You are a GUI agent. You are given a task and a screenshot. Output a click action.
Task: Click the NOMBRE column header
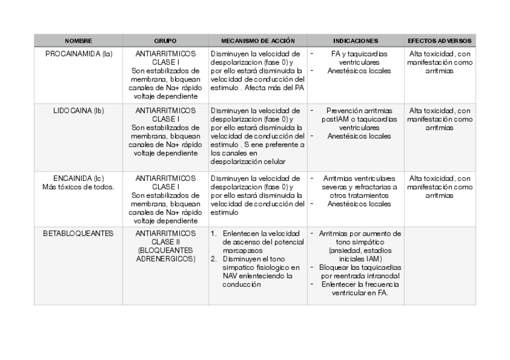pyautogui.click(x=78, y=41)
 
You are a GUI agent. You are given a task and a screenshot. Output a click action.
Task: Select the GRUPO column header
pyautogui.click(x=165, y=41)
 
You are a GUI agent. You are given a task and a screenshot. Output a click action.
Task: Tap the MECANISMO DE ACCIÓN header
pyautogui.click(x=258, y=41)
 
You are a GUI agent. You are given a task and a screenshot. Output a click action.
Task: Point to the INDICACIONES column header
pyautogui.click(x=355, y=41)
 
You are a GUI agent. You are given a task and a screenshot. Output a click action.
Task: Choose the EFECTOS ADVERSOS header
pyautogui.click(x=439, y=41)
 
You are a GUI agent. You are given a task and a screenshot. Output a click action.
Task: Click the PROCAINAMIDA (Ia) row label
pyautogui.click(x=78, y=54)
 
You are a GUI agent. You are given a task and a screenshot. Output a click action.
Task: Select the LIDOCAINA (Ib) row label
pyautogui.click(x=78, y=111)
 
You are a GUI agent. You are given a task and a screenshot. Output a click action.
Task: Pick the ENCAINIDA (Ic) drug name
pyautogui.click(x=78, y=178)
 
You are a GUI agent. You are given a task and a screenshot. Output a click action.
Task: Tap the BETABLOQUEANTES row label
pyautogui.click(x=78, y=233)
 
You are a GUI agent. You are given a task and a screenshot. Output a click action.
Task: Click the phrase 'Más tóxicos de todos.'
pyautogui.click(x=78, y=187)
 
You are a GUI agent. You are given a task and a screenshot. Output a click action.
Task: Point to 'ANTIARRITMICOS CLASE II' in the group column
pyautogui.click(x=165, y=237)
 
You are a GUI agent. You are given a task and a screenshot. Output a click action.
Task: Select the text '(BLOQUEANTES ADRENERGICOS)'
pyautogui.click(x=165, y=254)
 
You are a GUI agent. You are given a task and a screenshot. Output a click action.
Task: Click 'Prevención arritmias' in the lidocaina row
pyautogui.click(x=359, y=111)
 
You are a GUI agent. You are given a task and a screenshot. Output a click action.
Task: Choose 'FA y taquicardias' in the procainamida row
pyautogui.click(x=359, y=54)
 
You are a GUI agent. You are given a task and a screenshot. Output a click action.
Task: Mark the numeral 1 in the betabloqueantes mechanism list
pyautogui.click(x=214, y=233)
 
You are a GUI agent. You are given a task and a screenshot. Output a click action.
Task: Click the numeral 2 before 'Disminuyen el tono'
pyautogui.click(x=214, y=259)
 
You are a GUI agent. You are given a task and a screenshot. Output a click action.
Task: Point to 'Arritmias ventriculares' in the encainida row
pyautogui.click(x=359, y=178)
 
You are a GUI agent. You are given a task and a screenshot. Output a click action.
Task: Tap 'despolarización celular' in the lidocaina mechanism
pyautogui.click(x=248, y=162)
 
